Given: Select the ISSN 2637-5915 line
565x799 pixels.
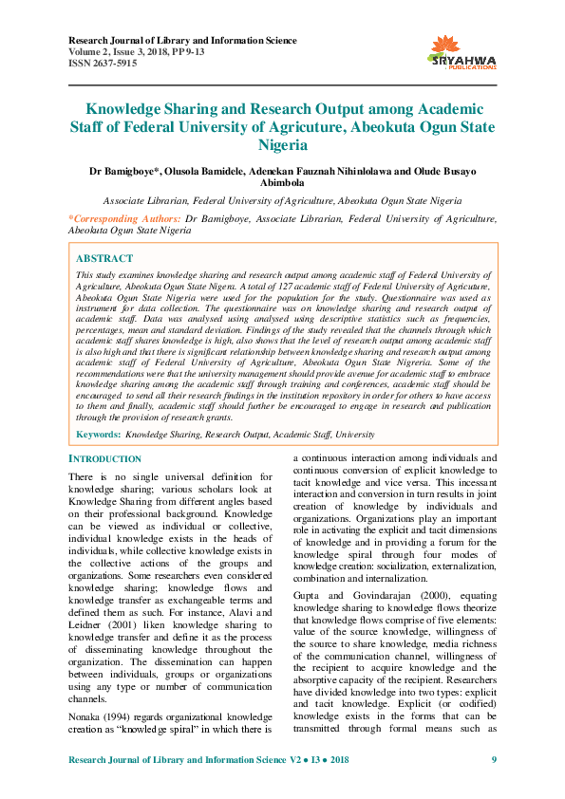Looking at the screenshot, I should click(x=103, y=64).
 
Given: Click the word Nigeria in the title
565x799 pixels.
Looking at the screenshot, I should click(x=282, y=145).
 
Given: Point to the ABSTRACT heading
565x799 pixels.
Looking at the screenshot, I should click(x=104, y=258).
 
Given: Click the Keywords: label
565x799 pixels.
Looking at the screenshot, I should click(x=98, y=434).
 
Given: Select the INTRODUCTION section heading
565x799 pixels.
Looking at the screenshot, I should click(x=105, y=459).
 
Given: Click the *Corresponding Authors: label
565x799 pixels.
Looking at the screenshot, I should click(x=125, y=218).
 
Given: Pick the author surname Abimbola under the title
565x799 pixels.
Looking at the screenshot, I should click(x=282, y=184).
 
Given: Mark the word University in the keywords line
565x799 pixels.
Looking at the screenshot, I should click(x=355, y=434).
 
